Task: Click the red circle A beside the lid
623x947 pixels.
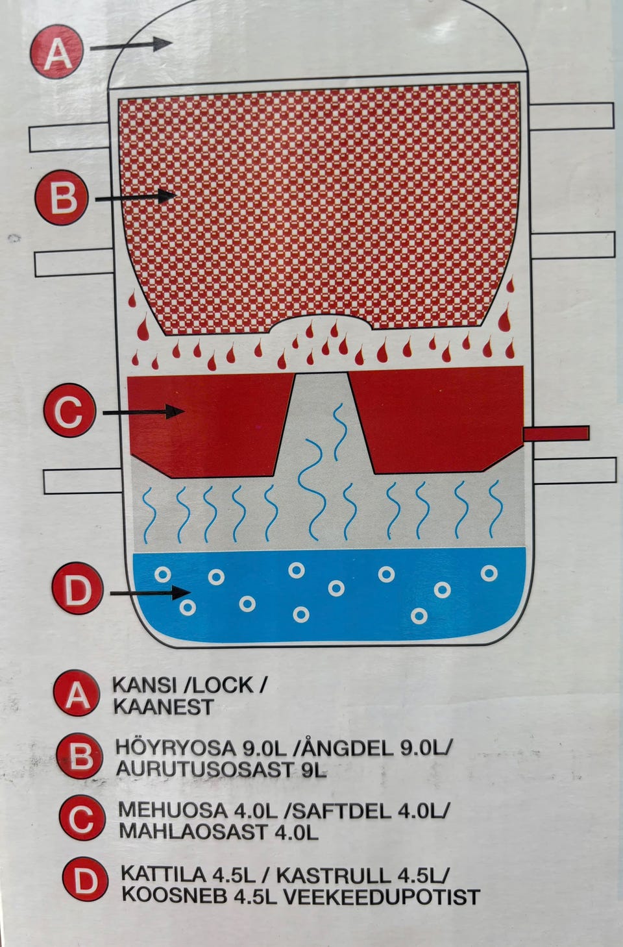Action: (57, 51)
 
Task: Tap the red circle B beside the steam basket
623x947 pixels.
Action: (62, 197)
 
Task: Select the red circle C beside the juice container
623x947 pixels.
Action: (69, 410)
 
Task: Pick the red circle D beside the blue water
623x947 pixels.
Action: (77, 588)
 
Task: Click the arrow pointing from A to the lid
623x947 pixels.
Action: (131, 45)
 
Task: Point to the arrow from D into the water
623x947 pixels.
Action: (150, 592)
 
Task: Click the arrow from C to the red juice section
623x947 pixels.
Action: (143, 412)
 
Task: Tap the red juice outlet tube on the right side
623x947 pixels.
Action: (556, 434)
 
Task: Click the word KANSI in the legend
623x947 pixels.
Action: (145, 685)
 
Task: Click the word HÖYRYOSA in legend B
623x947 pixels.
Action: (176, 748)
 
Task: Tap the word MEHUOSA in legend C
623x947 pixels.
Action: (173, 810)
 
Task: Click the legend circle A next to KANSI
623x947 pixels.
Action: (77, 693)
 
